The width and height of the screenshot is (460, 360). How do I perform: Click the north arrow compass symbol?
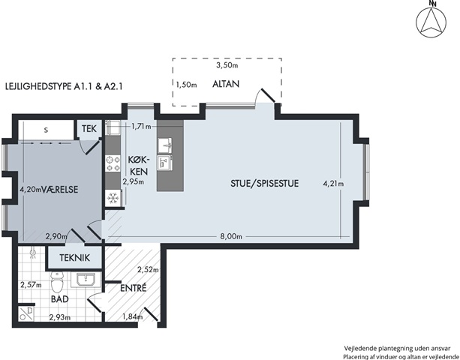click(431, 22)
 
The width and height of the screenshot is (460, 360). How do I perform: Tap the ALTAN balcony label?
click(226, 84)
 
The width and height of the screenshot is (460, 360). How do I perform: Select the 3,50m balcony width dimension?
click(227, 65)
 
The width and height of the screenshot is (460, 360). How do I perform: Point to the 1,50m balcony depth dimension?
click(186, 85)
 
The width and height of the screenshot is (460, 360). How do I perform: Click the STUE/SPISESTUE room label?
click(265, 184)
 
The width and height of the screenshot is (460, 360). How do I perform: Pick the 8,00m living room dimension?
click(231, 236)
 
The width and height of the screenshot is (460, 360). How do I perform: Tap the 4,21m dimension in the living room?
click(333, 184)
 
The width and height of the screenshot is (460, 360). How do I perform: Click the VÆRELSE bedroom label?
click(60, 190)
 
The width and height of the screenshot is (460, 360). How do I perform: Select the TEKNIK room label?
click(74, 258)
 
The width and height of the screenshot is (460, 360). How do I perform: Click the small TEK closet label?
click(89, 129)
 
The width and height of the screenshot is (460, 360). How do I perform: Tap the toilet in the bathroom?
click(57, 283)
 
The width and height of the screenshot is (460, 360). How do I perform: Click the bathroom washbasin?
click(86, 280)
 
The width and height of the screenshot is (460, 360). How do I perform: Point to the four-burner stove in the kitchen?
click(113, 163)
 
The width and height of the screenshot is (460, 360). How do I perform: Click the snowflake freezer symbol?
click(113, 199)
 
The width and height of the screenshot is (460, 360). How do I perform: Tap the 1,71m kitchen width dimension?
click(141, 127)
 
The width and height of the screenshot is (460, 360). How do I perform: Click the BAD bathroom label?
click(60, 299)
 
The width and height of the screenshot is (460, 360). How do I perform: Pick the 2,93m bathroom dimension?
click(60, 317)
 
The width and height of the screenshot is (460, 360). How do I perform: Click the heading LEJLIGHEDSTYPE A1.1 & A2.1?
click(64, 86)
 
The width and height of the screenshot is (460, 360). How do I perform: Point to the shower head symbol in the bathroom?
click(34, 253)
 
